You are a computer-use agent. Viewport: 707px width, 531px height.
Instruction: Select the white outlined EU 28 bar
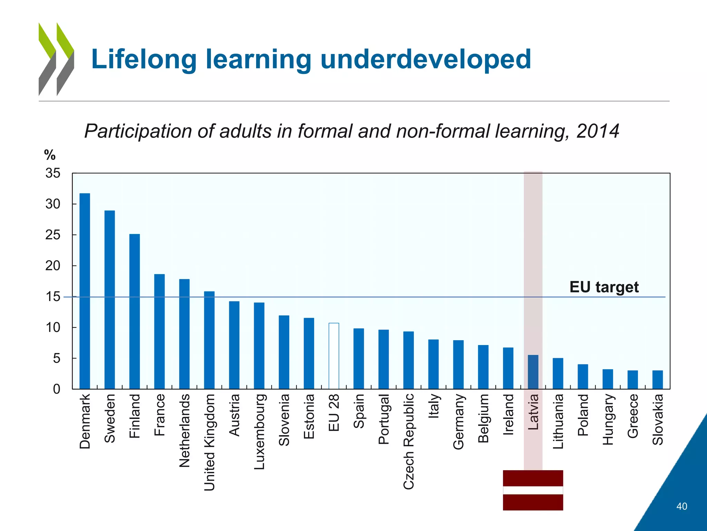[333, 356]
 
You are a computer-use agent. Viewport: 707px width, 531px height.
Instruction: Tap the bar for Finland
[135, 311]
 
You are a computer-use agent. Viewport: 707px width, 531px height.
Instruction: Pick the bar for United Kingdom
[209, 340]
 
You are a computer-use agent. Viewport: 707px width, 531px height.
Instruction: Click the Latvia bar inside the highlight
[533, 372]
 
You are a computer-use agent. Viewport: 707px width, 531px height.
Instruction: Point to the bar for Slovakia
[657, 380]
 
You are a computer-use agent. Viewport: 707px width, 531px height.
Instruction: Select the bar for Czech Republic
[408, 360]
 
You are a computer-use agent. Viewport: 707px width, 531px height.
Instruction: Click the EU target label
[604, 287]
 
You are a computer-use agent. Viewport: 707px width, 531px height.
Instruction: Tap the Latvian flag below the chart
[533, 490]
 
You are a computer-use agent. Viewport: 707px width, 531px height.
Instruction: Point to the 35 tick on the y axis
[53, 173]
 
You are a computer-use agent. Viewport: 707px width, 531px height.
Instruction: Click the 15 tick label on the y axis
[53, 297]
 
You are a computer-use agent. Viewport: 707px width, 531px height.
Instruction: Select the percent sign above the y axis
[50, 155]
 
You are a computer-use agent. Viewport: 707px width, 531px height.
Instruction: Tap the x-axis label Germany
[458, 422]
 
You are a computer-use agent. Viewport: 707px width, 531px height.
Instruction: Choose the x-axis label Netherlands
[185, 430]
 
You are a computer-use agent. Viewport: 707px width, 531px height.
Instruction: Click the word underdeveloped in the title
[425, 59]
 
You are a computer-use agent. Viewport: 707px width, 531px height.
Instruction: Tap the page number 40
[681, 506]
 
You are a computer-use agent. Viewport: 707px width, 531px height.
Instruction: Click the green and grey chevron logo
[56, 59]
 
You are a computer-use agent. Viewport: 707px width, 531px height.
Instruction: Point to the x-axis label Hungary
[608, 419]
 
